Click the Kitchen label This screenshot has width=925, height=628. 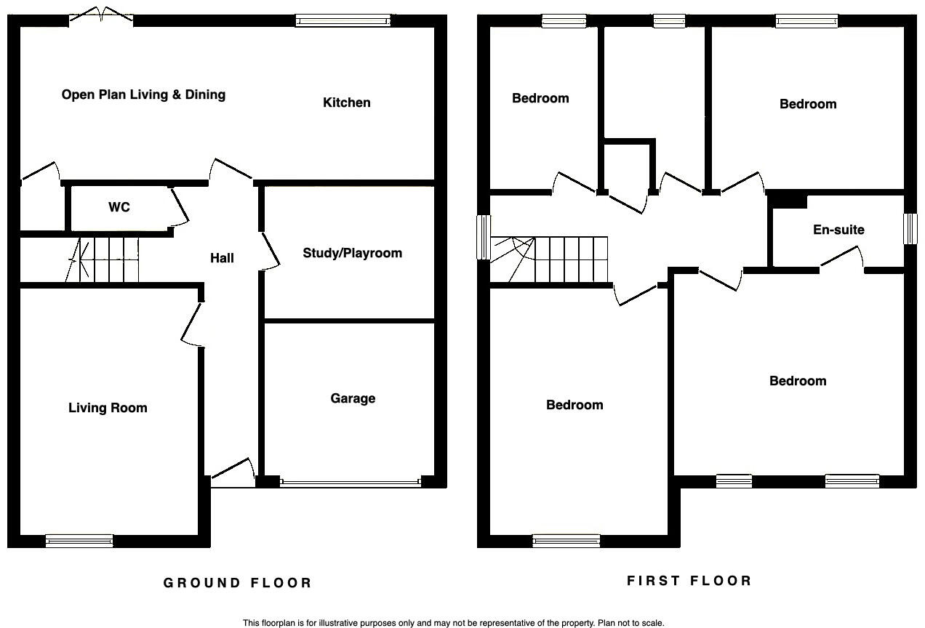click(347, 102)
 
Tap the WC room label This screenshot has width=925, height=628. click(119, 207)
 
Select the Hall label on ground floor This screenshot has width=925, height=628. click(222, 258)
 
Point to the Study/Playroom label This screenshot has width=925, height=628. click(353, 253)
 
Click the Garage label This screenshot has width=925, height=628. click(353, 398)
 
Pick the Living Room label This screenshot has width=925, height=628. click(108, 408)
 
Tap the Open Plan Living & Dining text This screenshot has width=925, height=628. click(143, 94)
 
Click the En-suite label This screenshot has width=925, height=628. click(838, 230)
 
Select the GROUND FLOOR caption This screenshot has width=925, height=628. click(237, 583)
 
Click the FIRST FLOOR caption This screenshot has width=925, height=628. click(689, 581)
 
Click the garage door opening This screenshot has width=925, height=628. click(351, 482)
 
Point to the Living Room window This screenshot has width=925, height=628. click(79, 540)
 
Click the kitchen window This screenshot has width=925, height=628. click(343, 21)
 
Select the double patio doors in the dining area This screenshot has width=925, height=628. click(101, 16)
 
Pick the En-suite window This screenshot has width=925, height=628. click(909, 229)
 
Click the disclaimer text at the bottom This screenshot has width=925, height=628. click(453, 623)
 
